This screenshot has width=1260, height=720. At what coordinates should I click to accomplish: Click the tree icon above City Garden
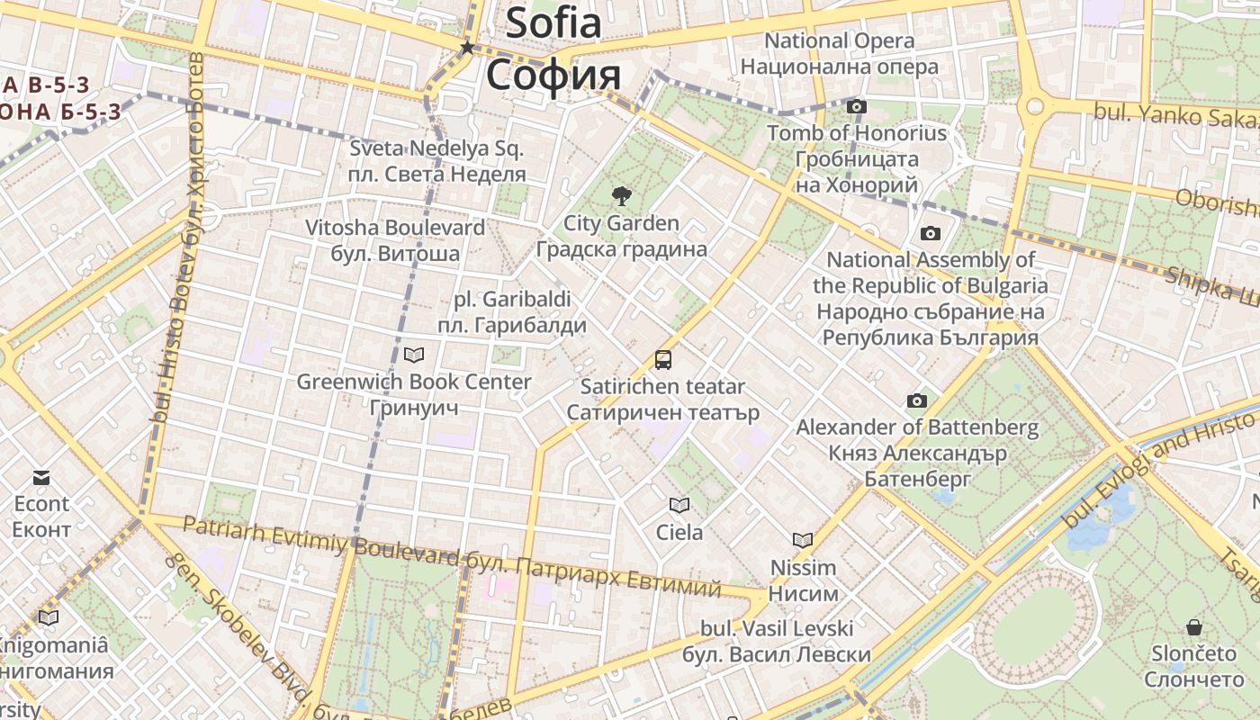click(620, 195)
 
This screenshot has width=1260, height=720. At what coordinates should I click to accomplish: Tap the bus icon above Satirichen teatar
click(663, 360)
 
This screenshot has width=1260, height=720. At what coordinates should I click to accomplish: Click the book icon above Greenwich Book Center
click(414, 355)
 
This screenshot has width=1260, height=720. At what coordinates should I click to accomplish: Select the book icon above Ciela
click(679, 506)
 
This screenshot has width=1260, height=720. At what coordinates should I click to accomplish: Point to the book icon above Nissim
click(803, 540)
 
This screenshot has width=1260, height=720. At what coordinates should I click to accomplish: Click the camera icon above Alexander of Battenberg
click(917, 400)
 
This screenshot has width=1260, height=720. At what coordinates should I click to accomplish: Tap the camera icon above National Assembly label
click(931, 234)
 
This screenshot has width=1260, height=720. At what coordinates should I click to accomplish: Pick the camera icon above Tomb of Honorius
click(857, 106)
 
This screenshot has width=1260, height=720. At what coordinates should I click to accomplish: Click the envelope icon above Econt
click(41, 477)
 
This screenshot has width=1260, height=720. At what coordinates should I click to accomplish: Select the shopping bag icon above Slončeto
click(1194, 626)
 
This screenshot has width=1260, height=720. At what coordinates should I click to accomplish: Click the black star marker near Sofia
click(467, 48)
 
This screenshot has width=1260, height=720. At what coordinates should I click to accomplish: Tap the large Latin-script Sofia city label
click(553, 22)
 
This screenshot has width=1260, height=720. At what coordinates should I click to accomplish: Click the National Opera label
click(839, 40)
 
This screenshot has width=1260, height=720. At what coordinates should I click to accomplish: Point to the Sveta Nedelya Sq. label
click(436, 148)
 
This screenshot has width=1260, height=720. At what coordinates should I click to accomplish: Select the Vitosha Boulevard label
click(395, 228)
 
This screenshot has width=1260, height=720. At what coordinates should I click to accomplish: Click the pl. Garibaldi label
click(512, 299)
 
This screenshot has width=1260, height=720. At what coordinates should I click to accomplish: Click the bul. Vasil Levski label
click(777, 627)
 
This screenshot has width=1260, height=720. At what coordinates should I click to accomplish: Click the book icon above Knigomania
click(49, 617)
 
